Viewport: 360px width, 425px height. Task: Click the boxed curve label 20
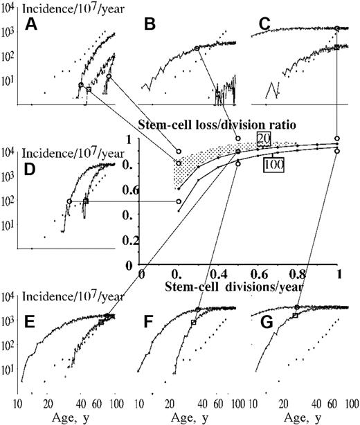pyautogui.click(x=263, y=136)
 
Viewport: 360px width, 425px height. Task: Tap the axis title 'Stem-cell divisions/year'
pyautogui.click(x=226, y=284)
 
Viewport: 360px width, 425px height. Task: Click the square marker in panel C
pyautogui.click(x=336, y=47)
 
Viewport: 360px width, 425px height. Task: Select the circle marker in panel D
pyautogui.click(x=69, y=201)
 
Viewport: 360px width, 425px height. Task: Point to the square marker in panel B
pyautogui.click(x=218, y=93)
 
